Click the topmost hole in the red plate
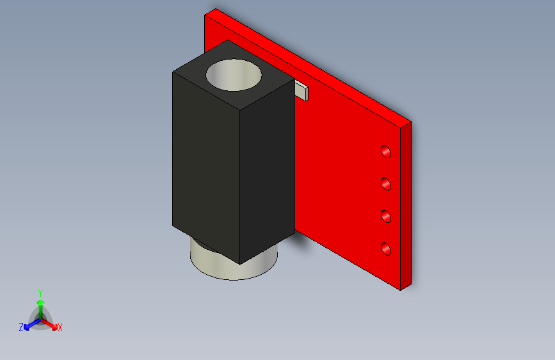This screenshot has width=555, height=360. tap(386, 152)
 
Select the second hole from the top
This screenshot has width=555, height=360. tap(387, 184)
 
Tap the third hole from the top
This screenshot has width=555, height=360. tap(387, 217)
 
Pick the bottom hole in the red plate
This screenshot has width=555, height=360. tap(387, 249)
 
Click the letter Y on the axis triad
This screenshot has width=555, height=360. tap(40, 292)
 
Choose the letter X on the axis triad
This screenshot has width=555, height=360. tap(60, 328)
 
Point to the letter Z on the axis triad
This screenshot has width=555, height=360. tap(21, 327)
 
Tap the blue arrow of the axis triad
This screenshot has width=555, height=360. tap(29, 324)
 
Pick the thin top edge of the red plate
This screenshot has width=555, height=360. tap(307, 64)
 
